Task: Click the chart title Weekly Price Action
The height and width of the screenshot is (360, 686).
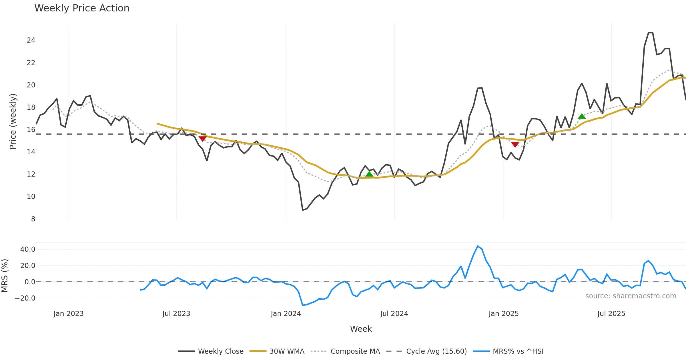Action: click(82, 8)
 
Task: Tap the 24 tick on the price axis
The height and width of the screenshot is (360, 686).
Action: click(31, 40)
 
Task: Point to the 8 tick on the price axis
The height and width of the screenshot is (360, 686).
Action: click(33, 219)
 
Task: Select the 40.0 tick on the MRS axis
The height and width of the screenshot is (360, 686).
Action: click(28, 249)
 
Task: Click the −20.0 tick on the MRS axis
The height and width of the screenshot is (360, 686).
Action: click(25, 298)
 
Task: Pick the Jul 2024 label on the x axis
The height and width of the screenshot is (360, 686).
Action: click(394, 314)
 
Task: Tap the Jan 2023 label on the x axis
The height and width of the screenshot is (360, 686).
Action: click(68, 314)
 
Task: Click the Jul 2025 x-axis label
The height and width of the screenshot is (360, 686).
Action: click(611, 314)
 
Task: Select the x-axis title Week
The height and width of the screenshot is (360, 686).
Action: click(361, 329)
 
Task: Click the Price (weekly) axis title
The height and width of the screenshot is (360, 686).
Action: click(13, 121)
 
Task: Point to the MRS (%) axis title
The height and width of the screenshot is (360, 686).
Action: click(5, 276)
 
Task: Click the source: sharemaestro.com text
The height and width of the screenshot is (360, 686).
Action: click(631, 296)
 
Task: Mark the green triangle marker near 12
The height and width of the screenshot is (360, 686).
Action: click(369, 174)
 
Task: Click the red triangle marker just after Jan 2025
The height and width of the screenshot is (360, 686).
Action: click(515, 145)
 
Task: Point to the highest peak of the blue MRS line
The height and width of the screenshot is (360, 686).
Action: click(478, 246)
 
